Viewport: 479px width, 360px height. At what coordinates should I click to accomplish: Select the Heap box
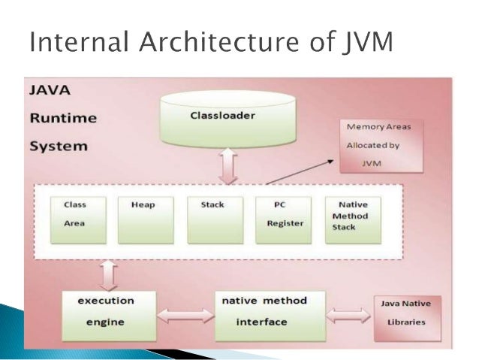(146, 219)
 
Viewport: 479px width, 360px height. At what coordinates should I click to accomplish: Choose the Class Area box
(77, 219)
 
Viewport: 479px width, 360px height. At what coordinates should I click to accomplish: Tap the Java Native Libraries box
(408, 315)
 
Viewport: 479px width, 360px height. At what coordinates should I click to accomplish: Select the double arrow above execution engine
(108, 275)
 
